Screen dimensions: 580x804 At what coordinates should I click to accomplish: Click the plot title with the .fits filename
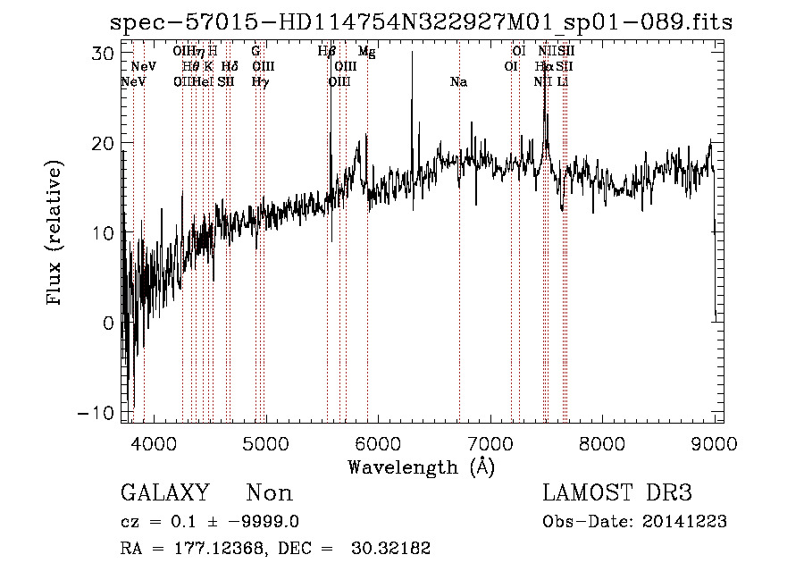click(420, 21)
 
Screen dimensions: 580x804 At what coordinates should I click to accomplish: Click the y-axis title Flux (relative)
click(55, 234)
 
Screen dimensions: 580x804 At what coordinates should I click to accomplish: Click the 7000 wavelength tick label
click(490, 442)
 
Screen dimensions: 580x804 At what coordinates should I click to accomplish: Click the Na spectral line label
click(458, 82)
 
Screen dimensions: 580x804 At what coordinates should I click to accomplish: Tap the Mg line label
click(366, 52)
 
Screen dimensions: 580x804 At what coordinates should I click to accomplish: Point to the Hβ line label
click(326, 52)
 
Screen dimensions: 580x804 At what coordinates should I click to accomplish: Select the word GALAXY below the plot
click(165, 493)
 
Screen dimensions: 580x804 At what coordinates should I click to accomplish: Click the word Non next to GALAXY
click(270, 493)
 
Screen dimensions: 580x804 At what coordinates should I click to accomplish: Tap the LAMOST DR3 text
click(617, 493)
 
